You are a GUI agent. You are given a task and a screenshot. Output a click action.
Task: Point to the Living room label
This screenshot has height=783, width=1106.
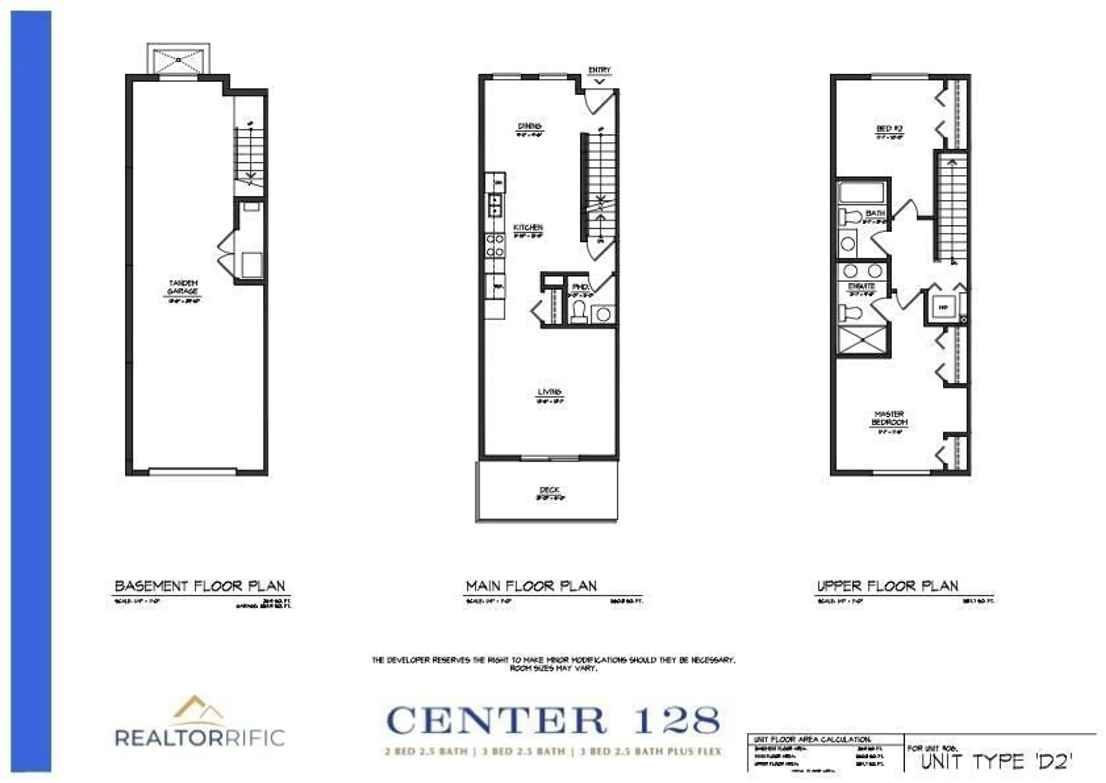(x=549, y=392)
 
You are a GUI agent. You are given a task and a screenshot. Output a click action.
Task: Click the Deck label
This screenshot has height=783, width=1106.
(x=549, y=490)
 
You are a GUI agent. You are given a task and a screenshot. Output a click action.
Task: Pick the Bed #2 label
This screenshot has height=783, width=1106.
(x=889, y=129)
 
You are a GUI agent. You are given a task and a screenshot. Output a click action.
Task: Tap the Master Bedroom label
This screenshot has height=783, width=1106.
(x=889, y=418)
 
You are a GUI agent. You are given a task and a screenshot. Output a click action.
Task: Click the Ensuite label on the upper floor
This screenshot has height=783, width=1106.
(x=861, y=286)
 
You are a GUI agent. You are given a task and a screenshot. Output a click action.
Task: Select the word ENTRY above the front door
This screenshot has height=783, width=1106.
(x=599, y=70)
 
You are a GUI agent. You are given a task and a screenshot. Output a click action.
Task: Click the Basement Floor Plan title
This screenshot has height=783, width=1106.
(x=200, y=586)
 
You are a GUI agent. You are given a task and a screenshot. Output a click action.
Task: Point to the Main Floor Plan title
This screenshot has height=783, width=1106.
(x=531, y=586)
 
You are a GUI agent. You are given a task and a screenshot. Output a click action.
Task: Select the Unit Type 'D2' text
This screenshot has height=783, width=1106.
(x=997, y=762)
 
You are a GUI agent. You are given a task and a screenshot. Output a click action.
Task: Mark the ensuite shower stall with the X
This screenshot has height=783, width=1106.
(x=862, y=340)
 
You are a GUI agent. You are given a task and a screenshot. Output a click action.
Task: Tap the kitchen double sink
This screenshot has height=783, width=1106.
(x=495, y=205)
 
